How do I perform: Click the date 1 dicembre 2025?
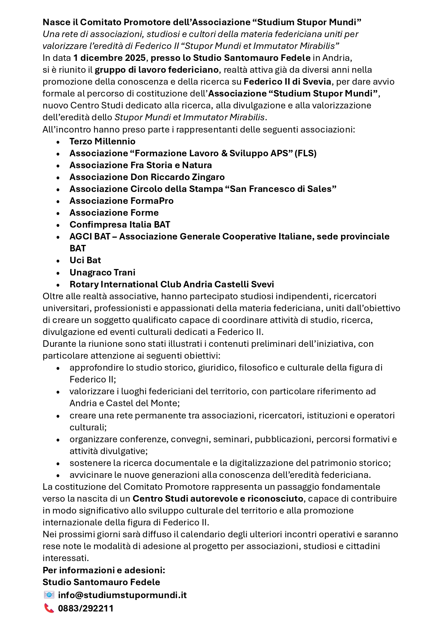point(109,58)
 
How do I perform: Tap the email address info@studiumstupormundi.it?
point(122,595)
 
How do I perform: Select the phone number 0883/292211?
point(86,608)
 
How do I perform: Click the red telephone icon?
point(49,608)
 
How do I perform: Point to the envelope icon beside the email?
point(49,595)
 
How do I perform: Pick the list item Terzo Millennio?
point(102,142)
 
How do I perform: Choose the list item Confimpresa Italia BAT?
point(120,225)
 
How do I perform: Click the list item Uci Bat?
point(85,260)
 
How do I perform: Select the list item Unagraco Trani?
point(102,273)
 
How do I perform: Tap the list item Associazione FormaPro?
point(121,201)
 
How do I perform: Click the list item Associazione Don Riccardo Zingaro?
point(147,177)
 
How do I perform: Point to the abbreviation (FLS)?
point(305,153)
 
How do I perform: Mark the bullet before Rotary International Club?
point(58,285)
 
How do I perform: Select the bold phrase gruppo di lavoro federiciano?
point(157,70)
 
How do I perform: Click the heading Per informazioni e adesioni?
point(104,570)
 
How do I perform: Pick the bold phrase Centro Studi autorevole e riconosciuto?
point(218,499)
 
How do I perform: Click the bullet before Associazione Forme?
point(58,213)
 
